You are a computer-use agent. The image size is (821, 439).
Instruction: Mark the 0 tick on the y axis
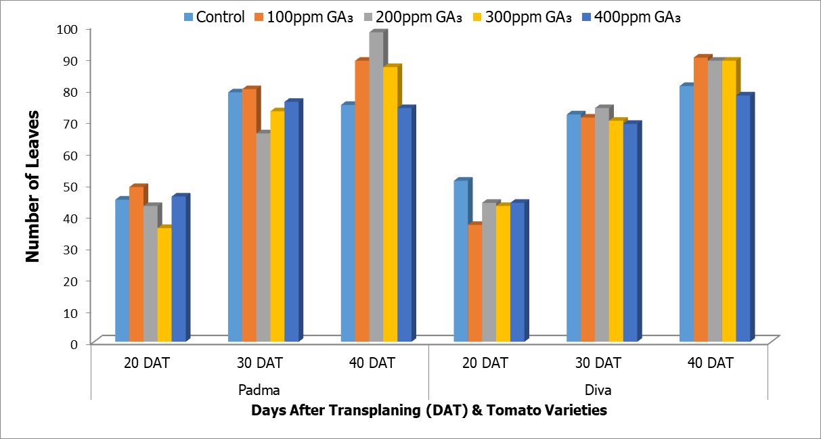[x=76, y=343]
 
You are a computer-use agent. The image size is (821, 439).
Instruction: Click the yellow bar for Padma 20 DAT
[x=164, y=285]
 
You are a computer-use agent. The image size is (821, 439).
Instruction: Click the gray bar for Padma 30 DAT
[x=263, y=237]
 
